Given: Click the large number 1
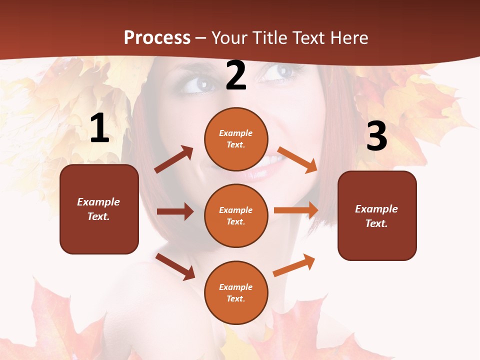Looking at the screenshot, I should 99,128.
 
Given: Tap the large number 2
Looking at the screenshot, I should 236,75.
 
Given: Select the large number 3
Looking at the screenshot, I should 376,136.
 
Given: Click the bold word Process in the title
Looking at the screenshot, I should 157,37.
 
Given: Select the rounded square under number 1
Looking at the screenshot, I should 99,209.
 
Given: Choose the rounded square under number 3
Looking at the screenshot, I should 377,215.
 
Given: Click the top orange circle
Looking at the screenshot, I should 236,139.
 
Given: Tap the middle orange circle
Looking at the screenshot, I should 236,215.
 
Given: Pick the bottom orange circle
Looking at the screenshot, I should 236,292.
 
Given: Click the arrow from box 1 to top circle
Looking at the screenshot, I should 174,159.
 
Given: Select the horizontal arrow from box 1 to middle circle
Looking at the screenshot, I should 175,211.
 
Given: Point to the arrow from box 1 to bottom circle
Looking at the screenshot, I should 175,266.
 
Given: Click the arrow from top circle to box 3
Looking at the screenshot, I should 297,159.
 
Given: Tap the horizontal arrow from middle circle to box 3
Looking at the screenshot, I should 296,210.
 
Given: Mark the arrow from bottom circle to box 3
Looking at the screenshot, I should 294,265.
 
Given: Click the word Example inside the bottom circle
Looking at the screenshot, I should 235,287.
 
